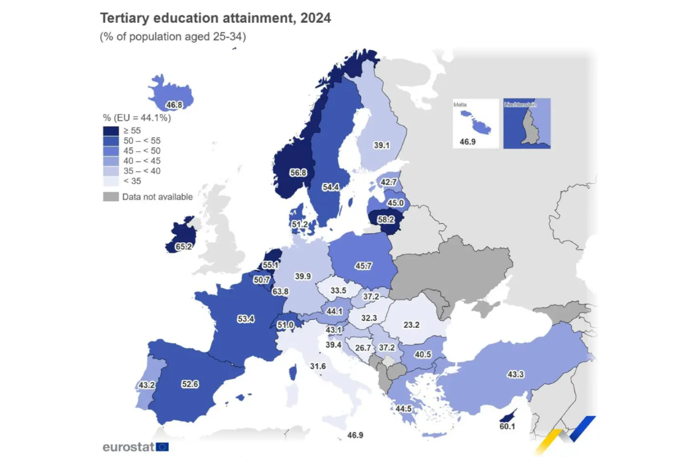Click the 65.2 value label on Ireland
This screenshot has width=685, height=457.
(184, 247)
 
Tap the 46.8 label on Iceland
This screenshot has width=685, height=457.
(174, 105)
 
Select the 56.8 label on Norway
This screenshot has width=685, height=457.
(298, 173)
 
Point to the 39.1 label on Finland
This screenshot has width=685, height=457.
(382, 145)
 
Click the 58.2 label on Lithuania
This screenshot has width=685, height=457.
(386, 219)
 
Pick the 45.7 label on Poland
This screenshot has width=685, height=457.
(363, 266)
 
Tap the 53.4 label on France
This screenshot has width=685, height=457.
(246, 319)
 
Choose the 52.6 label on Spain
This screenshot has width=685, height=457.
(190, 384)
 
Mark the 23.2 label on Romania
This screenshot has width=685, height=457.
(411, 325)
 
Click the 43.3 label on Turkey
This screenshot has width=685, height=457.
(516, 375)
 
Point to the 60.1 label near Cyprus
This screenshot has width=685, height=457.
(507, 427)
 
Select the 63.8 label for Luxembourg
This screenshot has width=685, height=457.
(280, 291)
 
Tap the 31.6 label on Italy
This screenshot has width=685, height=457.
(318, 366)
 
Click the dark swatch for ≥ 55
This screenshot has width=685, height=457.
(111, 131)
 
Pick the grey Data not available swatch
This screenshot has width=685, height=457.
(111, 197)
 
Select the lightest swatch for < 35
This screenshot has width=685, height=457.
(111, 181)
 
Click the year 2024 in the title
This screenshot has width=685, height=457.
(315, 18)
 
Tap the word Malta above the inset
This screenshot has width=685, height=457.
(460, 105)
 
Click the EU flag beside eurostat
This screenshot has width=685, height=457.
(162, 447)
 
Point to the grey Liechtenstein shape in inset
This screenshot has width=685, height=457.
(528, 126)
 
